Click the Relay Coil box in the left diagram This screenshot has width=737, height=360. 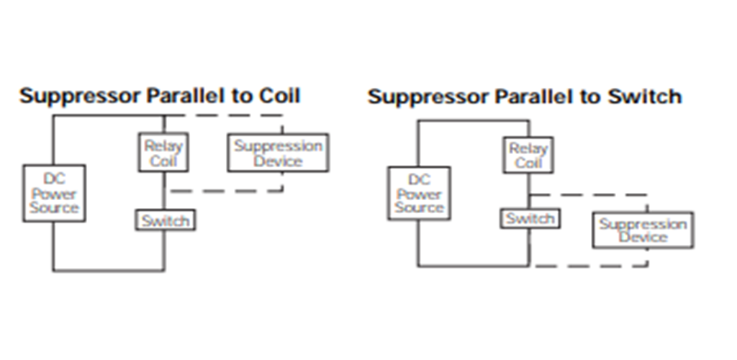pos(163,153)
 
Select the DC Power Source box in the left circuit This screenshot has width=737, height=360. pos(54,194)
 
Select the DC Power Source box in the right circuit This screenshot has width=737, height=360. pos(419,194)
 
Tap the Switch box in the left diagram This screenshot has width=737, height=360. pos(166,220)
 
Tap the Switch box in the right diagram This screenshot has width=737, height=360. pos(530,218)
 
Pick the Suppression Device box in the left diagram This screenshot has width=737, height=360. pos(278,153)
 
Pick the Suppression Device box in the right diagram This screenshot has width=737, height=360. pos(643,230)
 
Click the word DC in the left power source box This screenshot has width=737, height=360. pos(54,179)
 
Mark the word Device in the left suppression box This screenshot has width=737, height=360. pos(278,161)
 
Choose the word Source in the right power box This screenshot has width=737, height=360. pos(419,207)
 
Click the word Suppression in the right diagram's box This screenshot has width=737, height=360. pos(643,224)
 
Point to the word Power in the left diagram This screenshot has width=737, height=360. pos(54,194)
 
